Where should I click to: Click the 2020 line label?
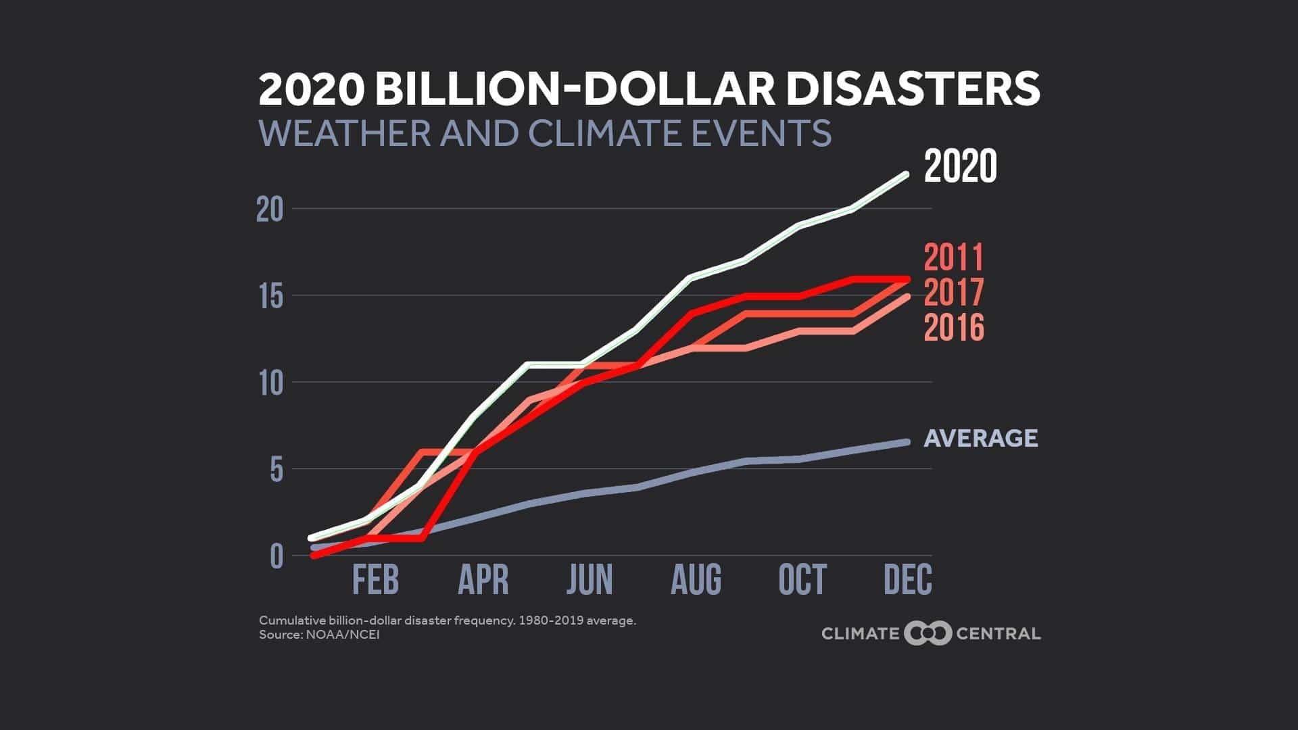[x=960, y=168]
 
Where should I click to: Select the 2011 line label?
[x=953, y=258]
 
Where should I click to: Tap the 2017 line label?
[x=953, y=293]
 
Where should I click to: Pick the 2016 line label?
[x=953, y=328]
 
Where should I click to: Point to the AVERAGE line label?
[x=980, y=438]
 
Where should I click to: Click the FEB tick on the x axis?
[x=376, y=580]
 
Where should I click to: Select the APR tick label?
[x=483, y=580]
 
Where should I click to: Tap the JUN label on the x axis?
[x=590, y=580]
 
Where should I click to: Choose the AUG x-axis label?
[x=696, y=580]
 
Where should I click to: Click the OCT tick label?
[x=802, y=580]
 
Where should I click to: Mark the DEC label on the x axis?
[x=908, y=580]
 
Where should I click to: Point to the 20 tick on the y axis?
[x=270, y=210]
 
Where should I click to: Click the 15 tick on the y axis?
[x=270, y=297]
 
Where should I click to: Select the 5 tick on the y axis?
[x=277, y=470]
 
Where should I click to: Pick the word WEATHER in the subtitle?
[x=344, y=132]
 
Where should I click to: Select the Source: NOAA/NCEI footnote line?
[x=319, y=635]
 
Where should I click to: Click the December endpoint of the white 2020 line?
[x=907, y=174]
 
